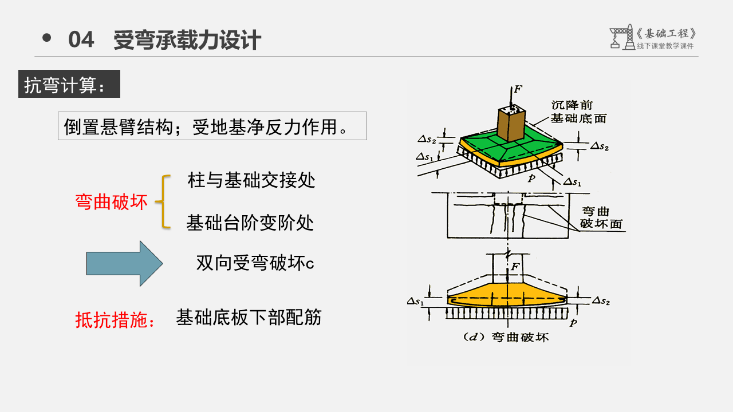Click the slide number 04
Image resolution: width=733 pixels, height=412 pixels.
point(81,40)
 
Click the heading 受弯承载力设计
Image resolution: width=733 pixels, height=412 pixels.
point(187,40)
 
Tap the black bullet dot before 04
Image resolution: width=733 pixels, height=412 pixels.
point(47,38)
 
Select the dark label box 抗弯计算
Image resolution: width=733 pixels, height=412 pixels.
point(69,84)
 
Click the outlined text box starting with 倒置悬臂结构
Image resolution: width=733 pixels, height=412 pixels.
point(212,126)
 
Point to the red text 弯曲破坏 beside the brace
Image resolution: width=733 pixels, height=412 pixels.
point(111,202)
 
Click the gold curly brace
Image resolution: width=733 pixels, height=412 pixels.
point(163,202)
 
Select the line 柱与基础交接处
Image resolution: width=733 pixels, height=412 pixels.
point(251,181)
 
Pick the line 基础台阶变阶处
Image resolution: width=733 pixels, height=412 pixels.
point(250,223)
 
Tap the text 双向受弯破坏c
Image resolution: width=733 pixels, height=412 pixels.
point(255,263)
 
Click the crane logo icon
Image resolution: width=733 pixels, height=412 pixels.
point(621,37)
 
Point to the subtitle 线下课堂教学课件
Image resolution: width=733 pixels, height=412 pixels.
point(665,46)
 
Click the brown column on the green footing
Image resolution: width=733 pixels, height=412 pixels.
point(511,123)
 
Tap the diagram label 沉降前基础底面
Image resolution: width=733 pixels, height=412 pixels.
point(578,112)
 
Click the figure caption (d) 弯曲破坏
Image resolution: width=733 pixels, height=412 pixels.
point(505,337)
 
